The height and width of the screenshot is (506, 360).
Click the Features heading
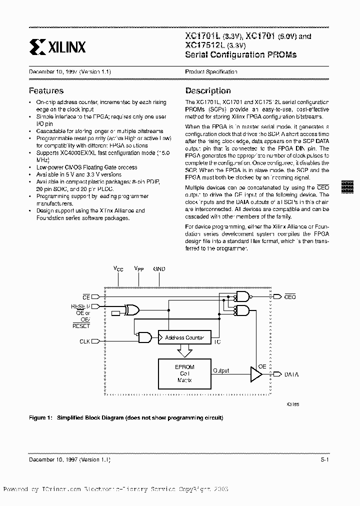click(x=46, y=91)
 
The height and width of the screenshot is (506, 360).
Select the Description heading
click(x=208, y=91)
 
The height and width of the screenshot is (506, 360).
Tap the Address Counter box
click(x=184, y=338)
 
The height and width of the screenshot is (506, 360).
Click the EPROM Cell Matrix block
click(x=184, y=373)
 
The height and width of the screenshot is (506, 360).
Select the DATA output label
click(x=291, y=374)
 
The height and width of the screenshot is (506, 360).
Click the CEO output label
click(x=290, y=297)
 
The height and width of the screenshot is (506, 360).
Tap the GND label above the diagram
click(x=159, y=269)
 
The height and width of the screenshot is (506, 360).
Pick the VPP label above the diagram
click(x=138, y=269)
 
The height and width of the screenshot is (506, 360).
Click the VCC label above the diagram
click(x=118, y=269)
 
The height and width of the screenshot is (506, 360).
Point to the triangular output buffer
click(x=256, y=373)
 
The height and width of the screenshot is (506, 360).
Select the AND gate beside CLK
click(x=145, y=338)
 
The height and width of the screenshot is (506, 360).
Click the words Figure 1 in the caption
click(x=40, y=417)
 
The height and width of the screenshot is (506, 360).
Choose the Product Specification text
click(x=211, y=72)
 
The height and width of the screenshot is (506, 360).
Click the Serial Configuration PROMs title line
click(x=240, y=55)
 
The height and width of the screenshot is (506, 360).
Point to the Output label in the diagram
click(x=221, y=370)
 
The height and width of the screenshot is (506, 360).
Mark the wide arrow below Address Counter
click(x=184, y=351)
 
